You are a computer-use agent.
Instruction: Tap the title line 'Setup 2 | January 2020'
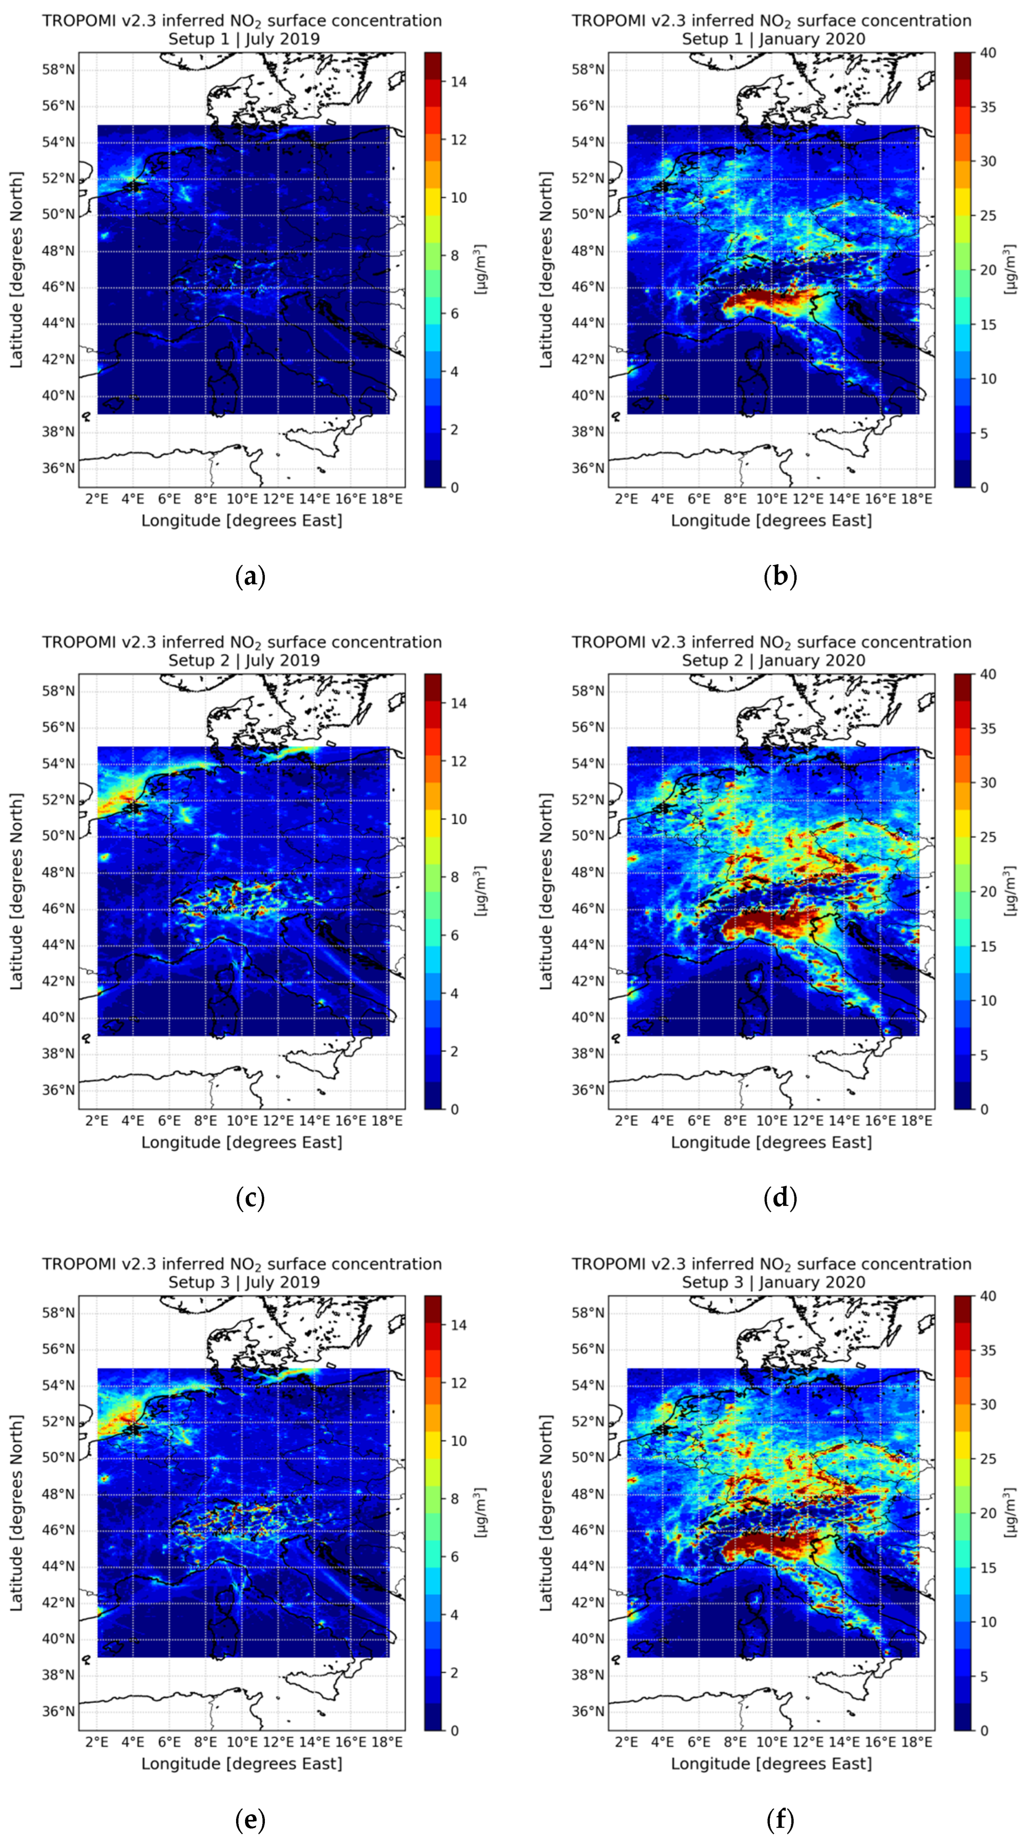click(773, 660)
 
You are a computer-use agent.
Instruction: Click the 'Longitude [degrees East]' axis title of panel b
click(771, 520)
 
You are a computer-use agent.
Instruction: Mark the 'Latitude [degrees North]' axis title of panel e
click(16, 1512)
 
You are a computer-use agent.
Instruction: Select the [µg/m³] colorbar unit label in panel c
click(481, 891)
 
